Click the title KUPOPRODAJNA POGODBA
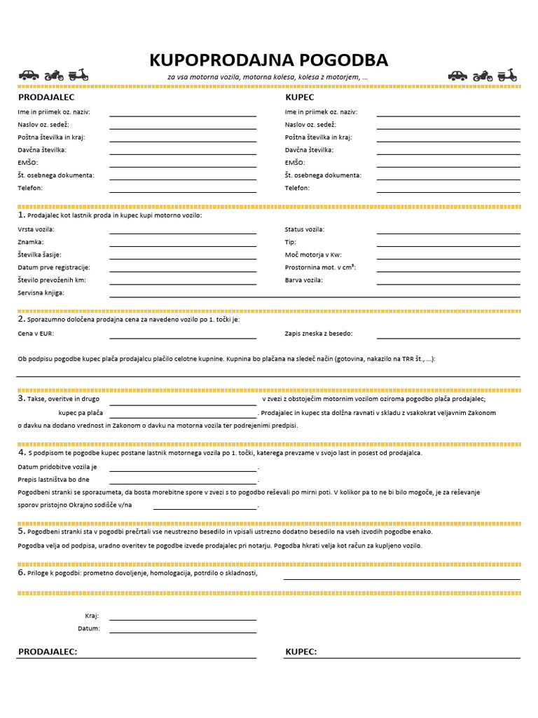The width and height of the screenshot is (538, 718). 268,60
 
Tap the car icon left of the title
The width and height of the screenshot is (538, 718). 28,75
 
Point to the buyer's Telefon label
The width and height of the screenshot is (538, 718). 297,188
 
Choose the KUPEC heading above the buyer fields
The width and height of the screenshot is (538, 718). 300,97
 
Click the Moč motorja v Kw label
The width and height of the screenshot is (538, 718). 313,255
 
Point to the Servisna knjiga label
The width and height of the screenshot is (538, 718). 41,292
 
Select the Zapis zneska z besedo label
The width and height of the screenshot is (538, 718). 319,334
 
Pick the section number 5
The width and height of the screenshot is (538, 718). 22,531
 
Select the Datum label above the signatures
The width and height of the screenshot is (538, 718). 89,628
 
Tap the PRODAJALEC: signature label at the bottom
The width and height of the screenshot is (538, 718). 48,652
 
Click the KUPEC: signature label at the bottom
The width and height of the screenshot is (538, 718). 301,652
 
